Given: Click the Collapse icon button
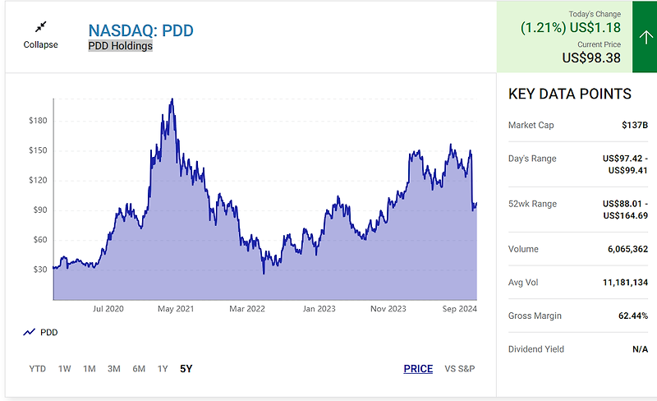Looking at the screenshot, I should click(40, 27).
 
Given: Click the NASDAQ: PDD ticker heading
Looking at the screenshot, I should click(140, 31).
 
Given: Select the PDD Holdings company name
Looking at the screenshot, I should click(120, 47).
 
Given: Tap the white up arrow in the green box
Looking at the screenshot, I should click(639, 37).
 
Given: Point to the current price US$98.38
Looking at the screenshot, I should click(591, 58).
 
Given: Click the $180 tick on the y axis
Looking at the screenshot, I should click(38, 121).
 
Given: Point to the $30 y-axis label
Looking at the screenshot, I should click(39, 270).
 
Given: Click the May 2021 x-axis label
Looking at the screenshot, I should click(175, 309).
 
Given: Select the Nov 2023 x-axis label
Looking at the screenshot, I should click(388, 309).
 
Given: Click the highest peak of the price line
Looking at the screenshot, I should click(171, 99).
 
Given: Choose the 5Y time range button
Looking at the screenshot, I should click(186, 369).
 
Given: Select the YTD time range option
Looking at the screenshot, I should click(38, 369).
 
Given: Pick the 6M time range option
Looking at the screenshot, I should click(139, 369).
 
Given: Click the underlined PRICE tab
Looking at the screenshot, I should click(418, 369).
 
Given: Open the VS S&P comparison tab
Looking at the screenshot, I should click(460, 369).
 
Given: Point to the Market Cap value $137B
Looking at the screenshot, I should click(635, 126).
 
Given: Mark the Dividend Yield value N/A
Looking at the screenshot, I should click(640, 349).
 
